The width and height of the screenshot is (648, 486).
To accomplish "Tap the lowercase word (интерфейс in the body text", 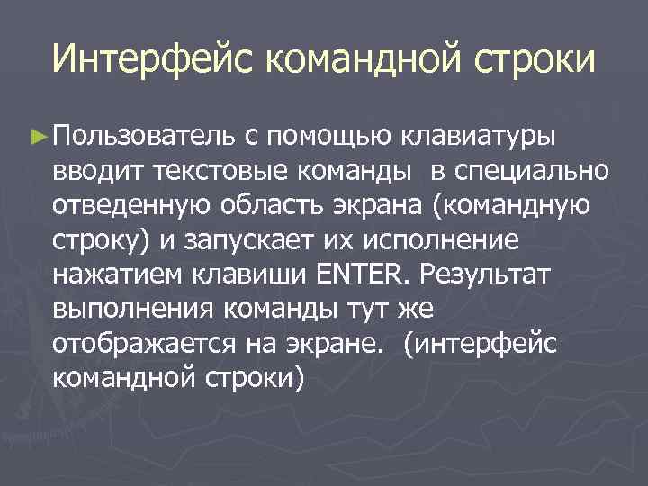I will (x=481, y=344).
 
